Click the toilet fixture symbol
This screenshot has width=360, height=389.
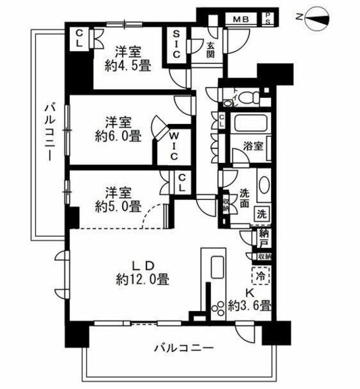246,97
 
